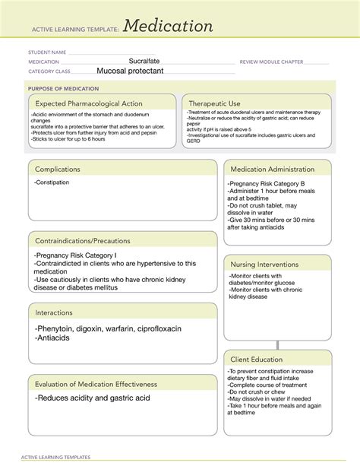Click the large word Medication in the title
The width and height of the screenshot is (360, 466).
pyautogui.click(x=168, y=27)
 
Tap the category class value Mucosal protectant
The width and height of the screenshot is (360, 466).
pyautogui.click(x=134, y=71)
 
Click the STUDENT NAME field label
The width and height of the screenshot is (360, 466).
pyautogui.click(x=47, y=52)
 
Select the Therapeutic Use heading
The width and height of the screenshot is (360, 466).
pyautogui.click(x=215, y=103)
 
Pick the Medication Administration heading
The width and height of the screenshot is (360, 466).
pyautogui.click(x=272, y=169)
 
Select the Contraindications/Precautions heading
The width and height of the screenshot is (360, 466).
pyautogui.click(x=82, y=241)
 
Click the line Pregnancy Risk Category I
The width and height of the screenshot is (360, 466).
pyautogui.click(x=74, y=255)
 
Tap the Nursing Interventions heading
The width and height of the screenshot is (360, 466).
pyautogui.click(x=264, y=264)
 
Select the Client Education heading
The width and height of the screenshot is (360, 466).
pyautogui.click(x=257, y=359)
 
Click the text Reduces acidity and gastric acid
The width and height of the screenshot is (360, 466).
pyautogui.click(x=92, y=398)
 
